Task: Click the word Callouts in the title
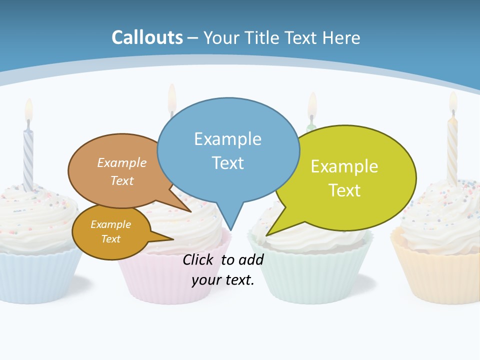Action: [147, 37]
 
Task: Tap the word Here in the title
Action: [342, 37]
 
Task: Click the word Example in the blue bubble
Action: [227, 139]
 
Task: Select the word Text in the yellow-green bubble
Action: [344, 190]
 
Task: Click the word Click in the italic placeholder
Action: [200, 259]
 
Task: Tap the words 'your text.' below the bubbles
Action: [223, 280]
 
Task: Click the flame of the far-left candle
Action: [28, 108]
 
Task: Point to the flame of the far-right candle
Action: [453, 101]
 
